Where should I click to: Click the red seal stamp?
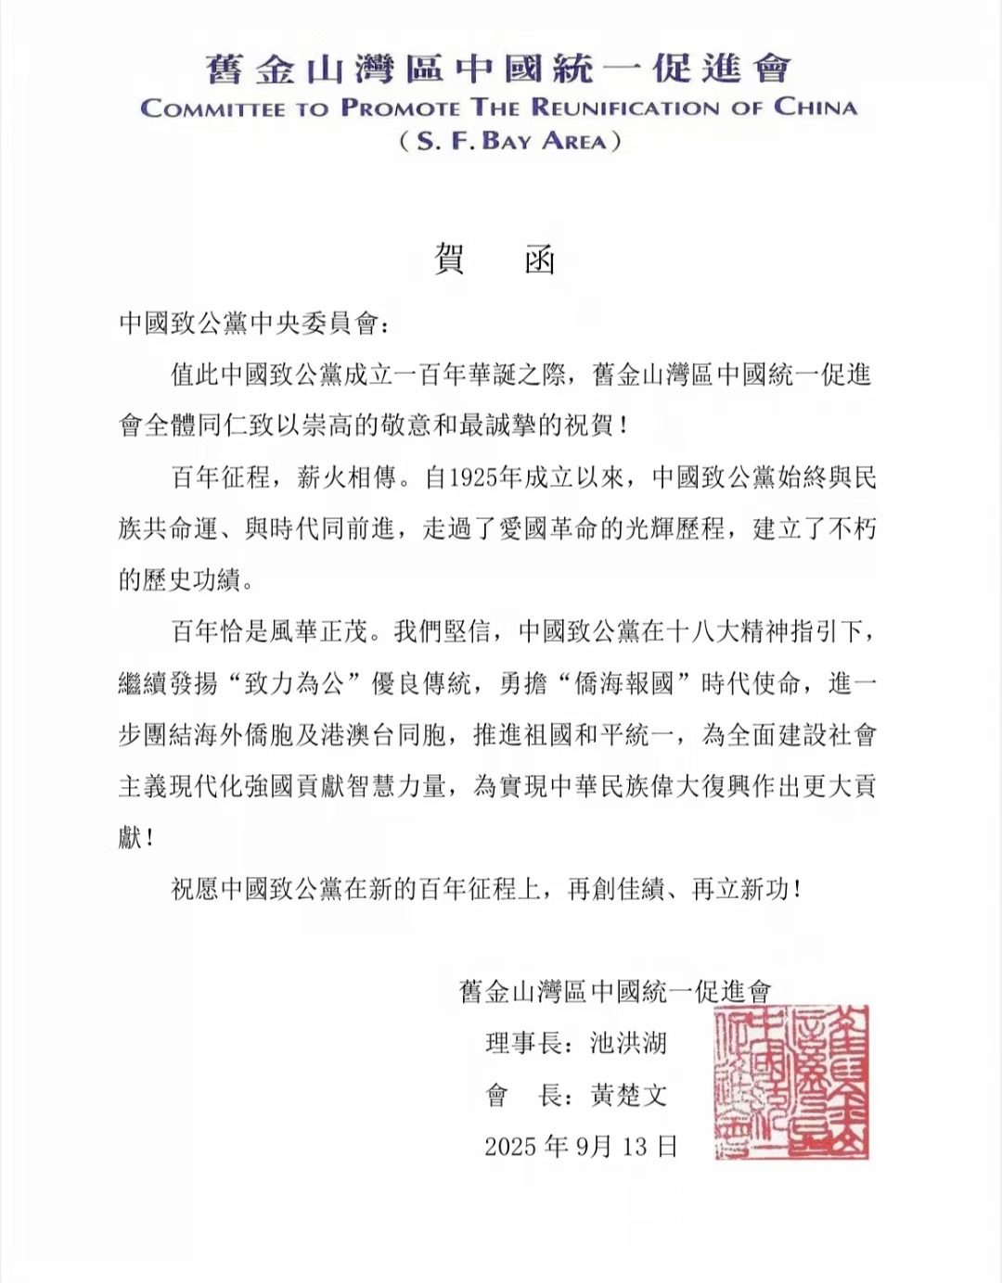coord(791,1082)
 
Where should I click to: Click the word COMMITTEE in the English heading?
coord(212,108)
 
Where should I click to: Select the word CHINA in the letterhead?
coord(815,108)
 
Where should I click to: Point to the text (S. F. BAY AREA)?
coord(509,142)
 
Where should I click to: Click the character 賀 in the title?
coord(450,260)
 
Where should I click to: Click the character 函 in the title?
coord(540,260)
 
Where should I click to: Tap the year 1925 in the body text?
coord(472,478)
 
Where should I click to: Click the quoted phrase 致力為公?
coord(294,684)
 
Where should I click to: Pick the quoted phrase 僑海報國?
coord(624,684)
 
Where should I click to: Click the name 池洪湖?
coord(629,1044)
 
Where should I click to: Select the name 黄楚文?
coord(629,1096)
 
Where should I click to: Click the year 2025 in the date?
coord(510,1148)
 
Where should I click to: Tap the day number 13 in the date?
coord(635,1148)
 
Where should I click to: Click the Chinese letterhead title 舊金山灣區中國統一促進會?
coord(497,68)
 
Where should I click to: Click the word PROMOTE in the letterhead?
coord(400,108)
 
